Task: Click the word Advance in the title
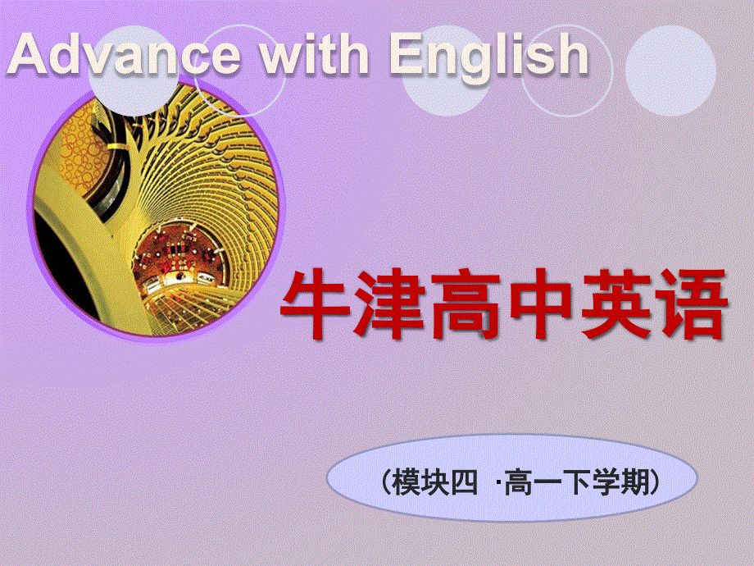pyautogui.click(x=123, y=56)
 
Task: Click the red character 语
pyautogui.click(x=691, y=304)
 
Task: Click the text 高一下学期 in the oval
pyautogui.click(x=575, y=483)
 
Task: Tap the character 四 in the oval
pyautogui.click(x=462, y=483)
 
